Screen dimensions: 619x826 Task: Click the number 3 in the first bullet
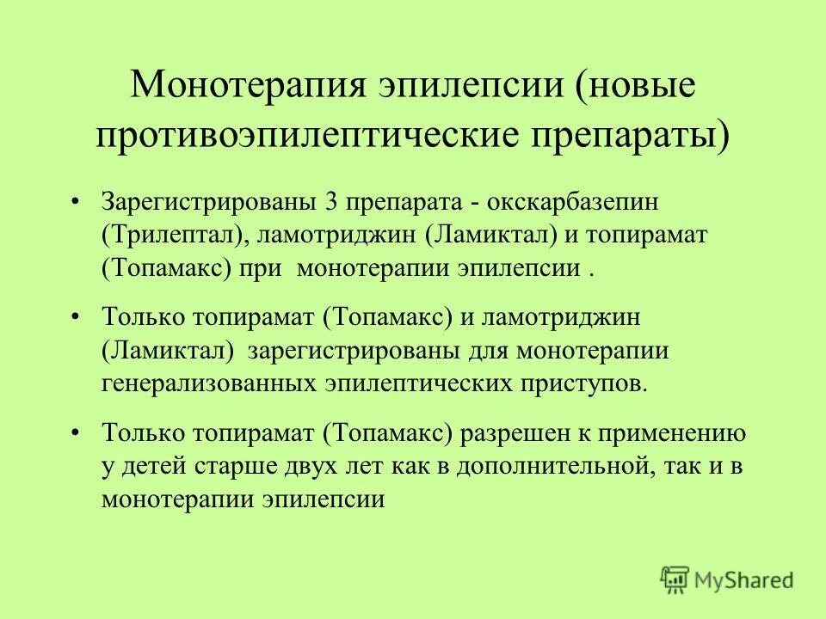(x=330, y=204)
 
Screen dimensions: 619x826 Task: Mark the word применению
(x=676, y=435)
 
